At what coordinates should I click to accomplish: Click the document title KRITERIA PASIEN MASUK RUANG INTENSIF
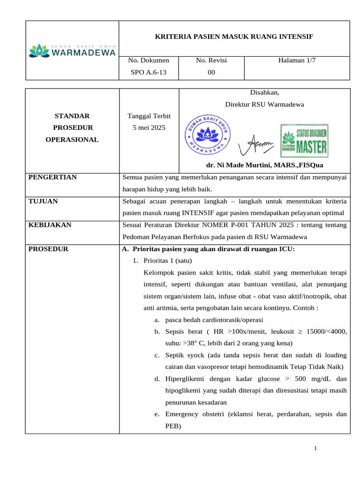pyautogui.click(x=234, y=37)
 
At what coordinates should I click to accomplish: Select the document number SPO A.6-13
pyautogui.click(x=149, y=72)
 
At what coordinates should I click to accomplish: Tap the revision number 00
pyautogui.click(x=211, y=72)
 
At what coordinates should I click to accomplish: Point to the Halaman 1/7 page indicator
pyautogui.click(x=297, y=60)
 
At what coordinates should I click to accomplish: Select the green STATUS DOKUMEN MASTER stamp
pyautogui.click(x=304, y=141)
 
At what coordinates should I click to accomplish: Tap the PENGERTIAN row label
pyautogui.click(x=52, y=177)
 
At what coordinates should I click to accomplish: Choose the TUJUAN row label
pyautogui.click(x=43, y=201)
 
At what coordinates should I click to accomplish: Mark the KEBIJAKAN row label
pyautogui.click(x=50, y=225)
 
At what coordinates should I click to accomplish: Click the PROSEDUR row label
pyautogui.click(x=48, y=249)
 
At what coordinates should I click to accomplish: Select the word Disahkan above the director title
pyautogui.click(x=264, y=92)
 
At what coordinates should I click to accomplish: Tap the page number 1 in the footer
pyautogui.click(x=315, y=449)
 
